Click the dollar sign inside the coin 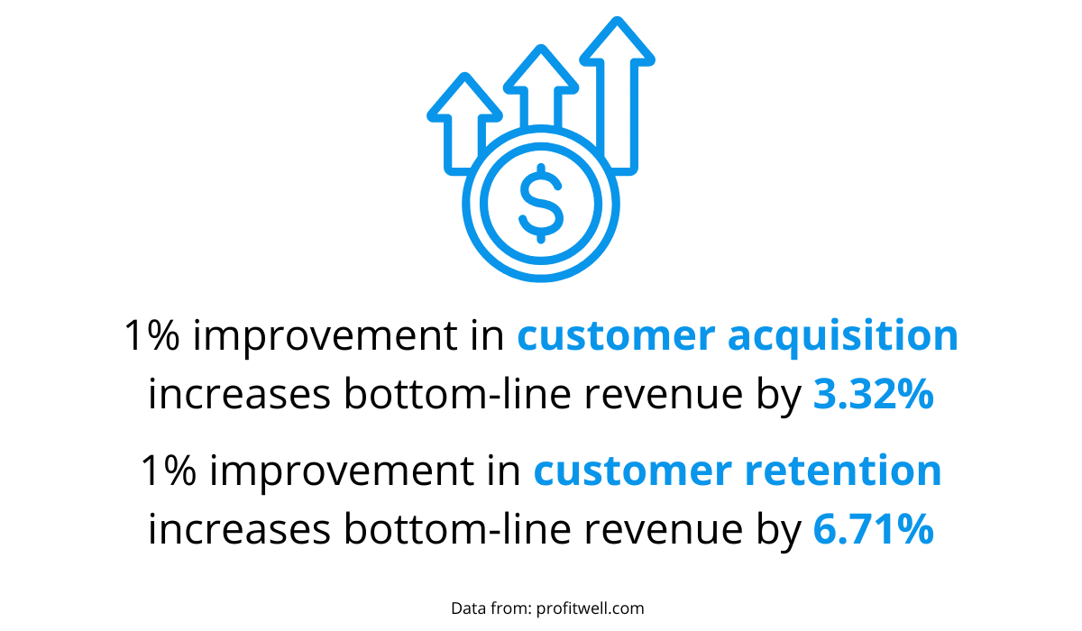click(x=541, y=203)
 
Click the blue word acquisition click(x=843, y=336)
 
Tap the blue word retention click(x=843, y=471)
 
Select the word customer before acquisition click(x=616, y=336)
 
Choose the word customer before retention click(x=633, y=471)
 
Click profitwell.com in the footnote click(x=591, y=608)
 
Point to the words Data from click(x=491, y=608)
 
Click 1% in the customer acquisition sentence click(x=152, y=335)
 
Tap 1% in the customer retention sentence click(x=169, y=471)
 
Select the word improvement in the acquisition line click(x=326, y=336)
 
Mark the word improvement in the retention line click(x=342, y=471)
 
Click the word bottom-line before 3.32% click(x=457, y=393)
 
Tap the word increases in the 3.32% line click(x=240, y=393)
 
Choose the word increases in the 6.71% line click(x=240, y=528)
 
